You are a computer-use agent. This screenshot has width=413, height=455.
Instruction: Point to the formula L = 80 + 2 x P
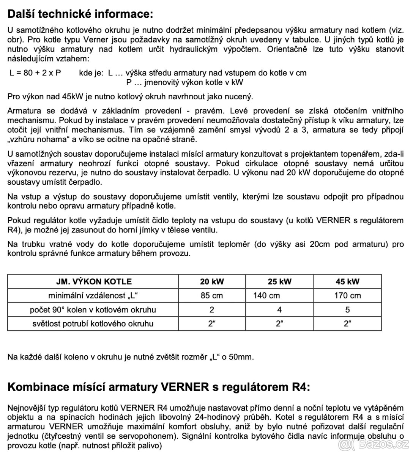tap(35, 73)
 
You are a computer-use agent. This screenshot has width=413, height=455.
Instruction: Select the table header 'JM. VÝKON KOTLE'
tap(93, 281)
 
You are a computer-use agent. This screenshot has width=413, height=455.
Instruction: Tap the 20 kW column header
tap(212, 281)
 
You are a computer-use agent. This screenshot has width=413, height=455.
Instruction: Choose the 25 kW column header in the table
tap(280, 281)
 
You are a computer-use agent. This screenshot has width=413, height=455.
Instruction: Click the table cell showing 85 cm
tap(212, 295)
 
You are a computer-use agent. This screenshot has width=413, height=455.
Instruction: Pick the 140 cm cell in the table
tap(265, 295)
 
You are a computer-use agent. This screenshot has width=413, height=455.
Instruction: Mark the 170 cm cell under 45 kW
tap(347, 295)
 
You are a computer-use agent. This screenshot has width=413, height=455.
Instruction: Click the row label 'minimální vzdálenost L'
tap(93, 295)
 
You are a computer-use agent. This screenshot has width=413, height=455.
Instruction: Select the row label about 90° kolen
tap(93, 309)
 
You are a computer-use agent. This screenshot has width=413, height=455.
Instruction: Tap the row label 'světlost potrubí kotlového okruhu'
tap(93, 323)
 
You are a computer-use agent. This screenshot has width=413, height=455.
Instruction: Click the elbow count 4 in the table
tap(280, 309)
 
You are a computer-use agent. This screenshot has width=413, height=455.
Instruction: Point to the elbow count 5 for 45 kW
tap(347, 309)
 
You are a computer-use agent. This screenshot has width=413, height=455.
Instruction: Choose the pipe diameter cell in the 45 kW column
tap(347, 323)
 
